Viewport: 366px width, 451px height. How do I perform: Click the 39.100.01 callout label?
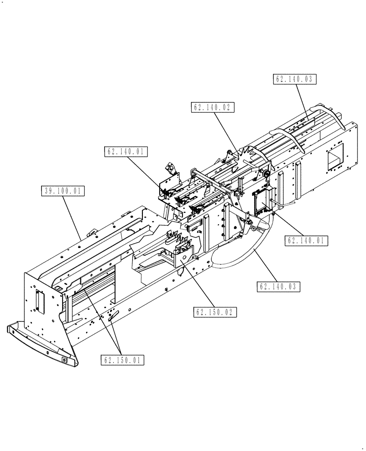[63, 191]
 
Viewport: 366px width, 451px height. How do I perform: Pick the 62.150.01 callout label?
[123, 360]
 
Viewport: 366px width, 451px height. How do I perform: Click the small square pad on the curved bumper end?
[64, 360]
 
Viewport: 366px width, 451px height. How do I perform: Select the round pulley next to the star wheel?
[266, 175]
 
